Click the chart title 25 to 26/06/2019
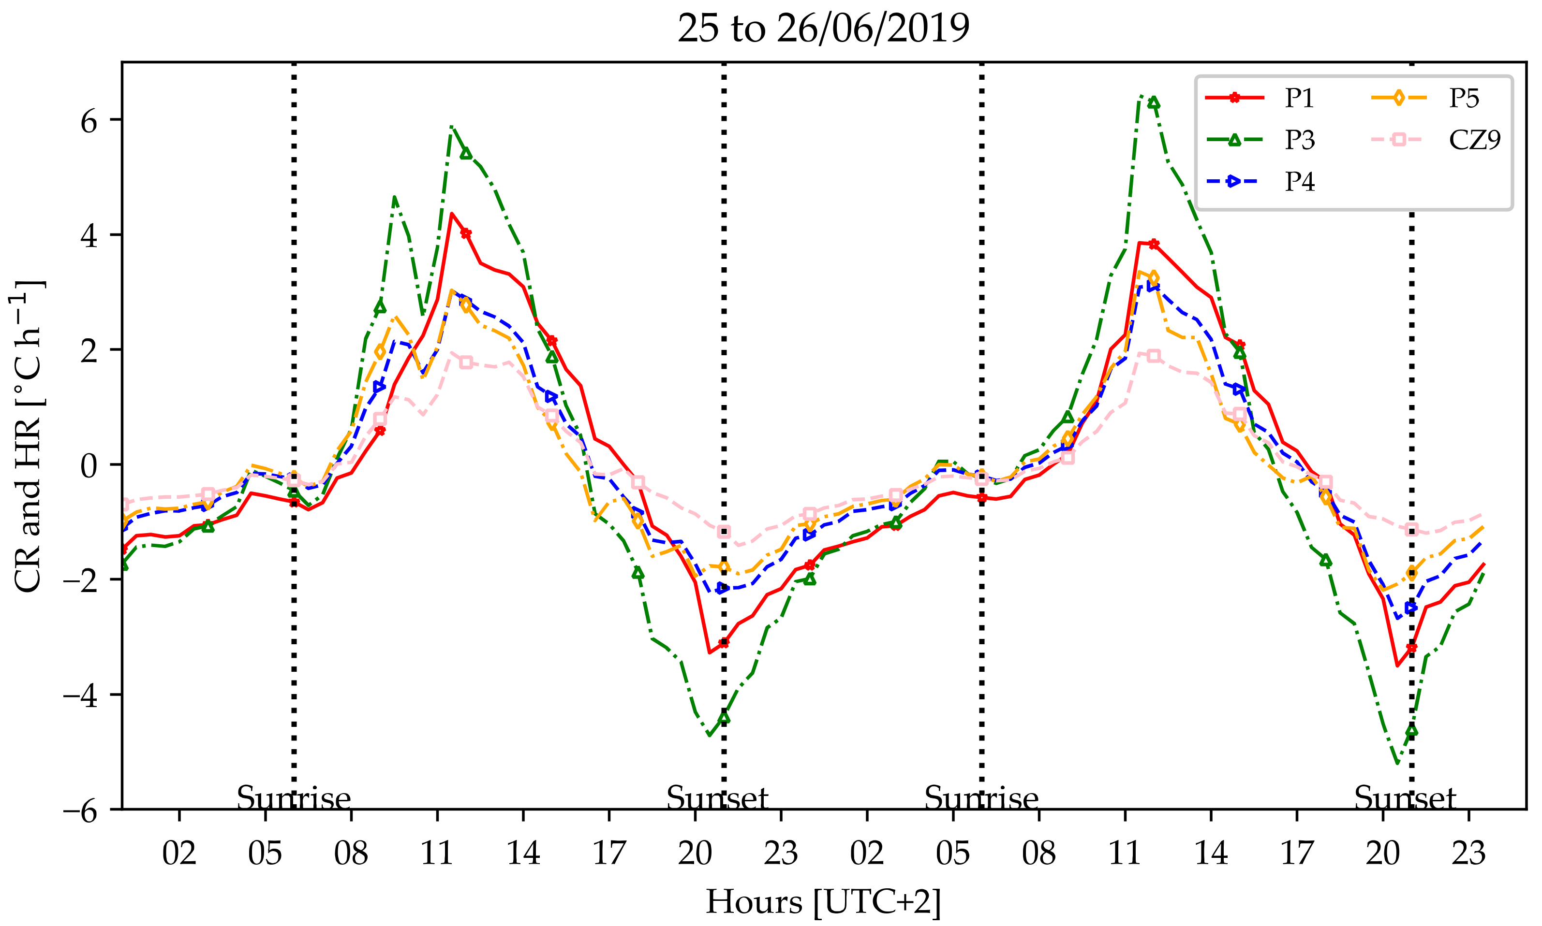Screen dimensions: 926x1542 [823, 29]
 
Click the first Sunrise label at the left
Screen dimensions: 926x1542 [294, 798]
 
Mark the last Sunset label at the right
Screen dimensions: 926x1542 [1405, 798]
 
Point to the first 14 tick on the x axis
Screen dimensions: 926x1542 [523, 853]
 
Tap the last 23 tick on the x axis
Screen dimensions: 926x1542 [1468, 853]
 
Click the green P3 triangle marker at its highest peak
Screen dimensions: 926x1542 [1154, 103]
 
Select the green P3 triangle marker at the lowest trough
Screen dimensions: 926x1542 [1411, 731]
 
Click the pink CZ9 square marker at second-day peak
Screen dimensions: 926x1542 [1154, 356]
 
